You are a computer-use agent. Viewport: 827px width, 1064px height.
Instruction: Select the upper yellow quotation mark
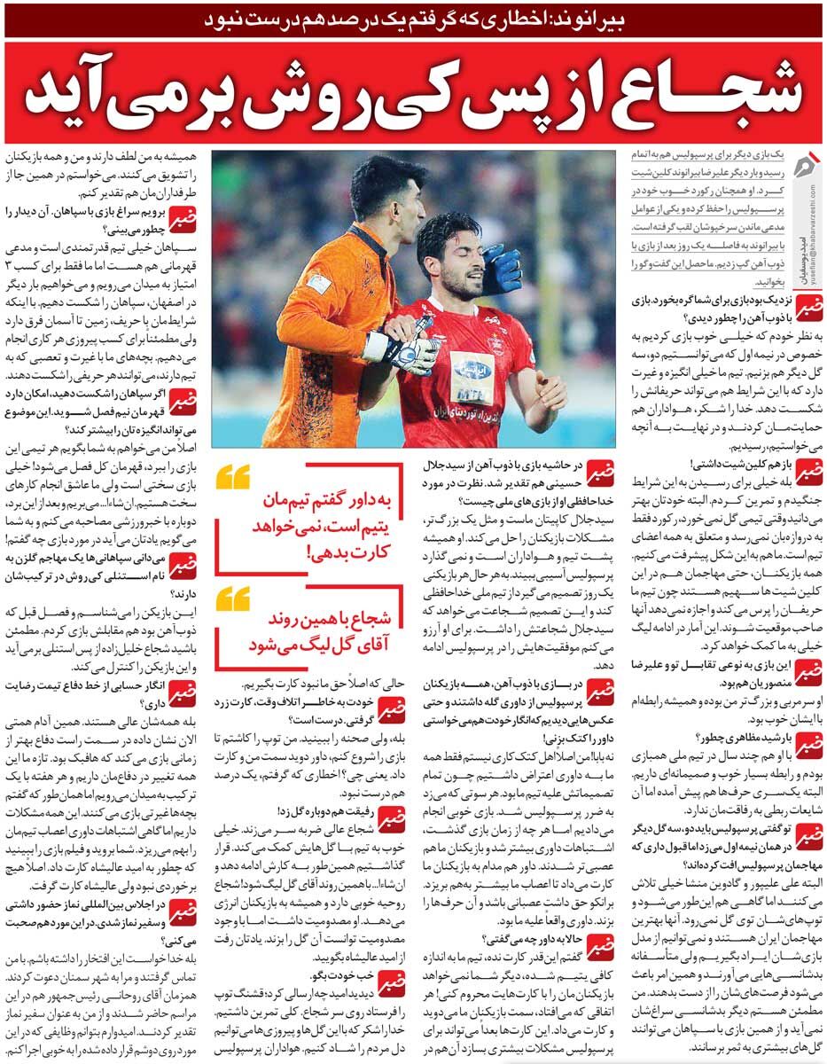click(232, 479)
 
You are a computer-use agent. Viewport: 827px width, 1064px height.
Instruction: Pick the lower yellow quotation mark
click(232, 598)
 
